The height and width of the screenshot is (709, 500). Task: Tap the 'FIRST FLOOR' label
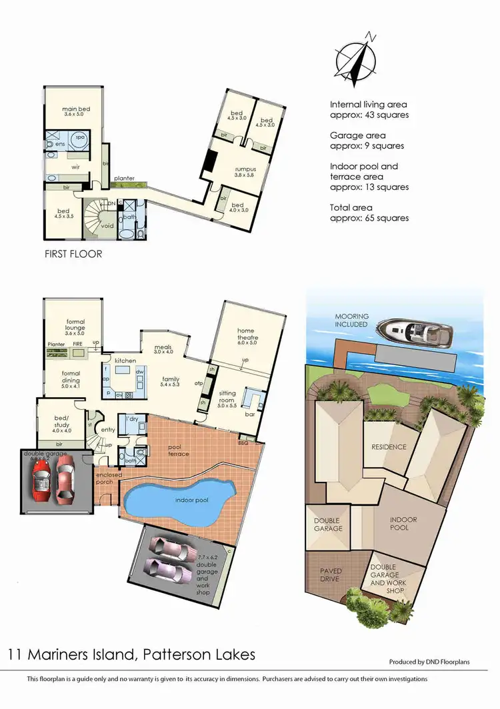point(73,254)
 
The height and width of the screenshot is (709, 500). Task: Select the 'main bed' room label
point(77,109)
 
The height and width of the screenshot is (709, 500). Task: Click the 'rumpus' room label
point(245,169)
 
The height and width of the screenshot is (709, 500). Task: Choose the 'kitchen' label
point(125,360)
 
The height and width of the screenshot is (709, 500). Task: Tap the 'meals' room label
point(163,347)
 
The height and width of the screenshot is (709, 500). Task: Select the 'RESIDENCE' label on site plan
point(389,446)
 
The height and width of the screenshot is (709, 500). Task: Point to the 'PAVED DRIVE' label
point(330,575)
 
